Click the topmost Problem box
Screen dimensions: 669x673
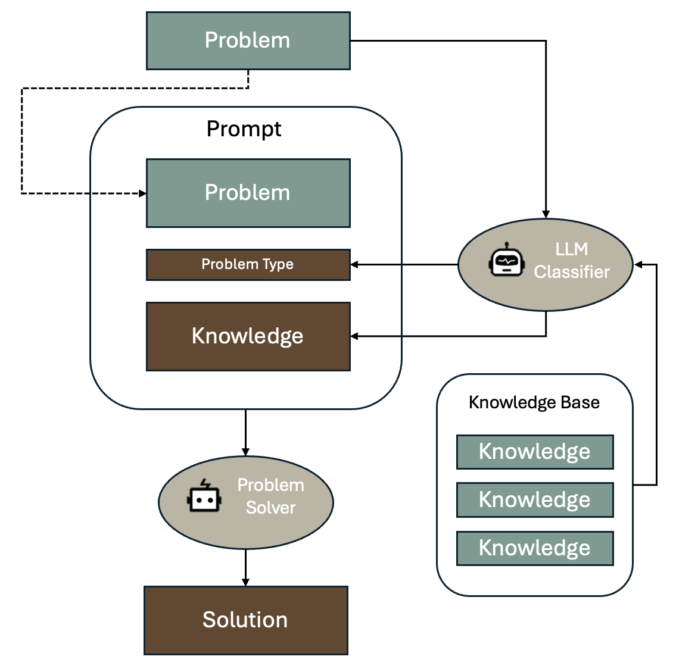(x=248, y=40)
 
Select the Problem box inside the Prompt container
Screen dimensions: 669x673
(x=248, y=193)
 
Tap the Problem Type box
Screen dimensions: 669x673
(x=248, y=264)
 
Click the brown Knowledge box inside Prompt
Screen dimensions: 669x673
(x=248, y=336)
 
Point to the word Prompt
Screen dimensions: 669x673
(x=244, y=129)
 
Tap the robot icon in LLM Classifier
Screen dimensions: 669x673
(x=506, y=260)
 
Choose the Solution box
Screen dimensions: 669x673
(x=245, y=620)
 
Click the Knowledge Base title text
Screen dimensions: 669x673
(x=534, y=402)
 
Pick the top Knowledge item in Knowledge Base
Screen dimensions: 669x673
(x=534, y=452)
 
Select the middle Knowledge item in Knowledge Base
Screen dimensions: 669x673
(x=534, y=500)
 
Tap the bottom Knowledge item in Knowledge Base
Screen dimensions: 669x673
(x=534, y=548)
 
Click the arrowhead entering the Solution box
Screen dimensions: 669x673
(x=245, y=582)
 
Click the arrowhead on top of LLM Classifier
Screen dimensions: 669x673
(x=546, y=214)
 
